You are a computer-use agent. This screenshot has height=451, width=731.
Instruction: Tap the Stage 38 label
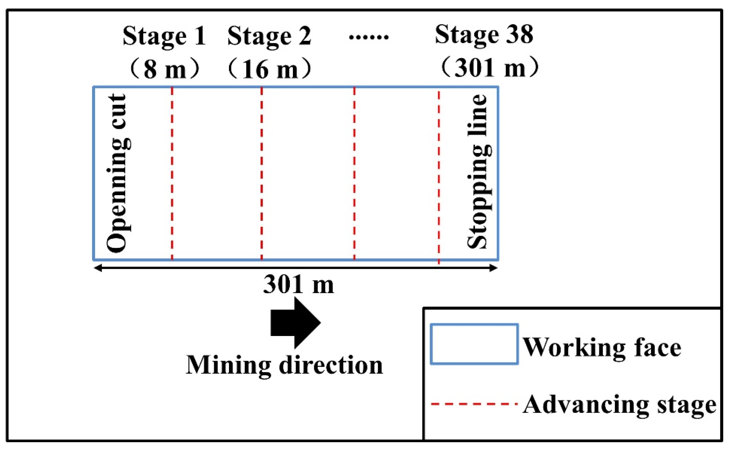484,35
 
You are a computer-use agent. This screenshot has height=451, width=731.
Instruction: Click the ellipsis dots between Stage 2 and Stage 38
369,37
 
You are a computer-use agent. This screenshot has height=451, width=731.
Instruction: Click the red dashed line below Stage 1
172,173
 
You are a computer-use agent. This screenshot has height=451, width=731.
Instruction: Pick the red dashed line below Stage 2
262,173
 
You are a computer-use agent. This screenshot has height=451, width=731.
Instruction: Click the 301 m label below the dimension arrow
298,285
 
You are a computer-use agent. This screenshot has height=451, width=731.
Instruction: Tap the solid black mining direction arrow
295,323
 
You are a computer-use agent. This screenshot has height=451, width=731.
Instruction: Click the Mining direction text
284,366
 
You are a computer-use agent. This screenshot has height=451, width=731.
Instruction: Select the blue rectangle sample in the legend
474,344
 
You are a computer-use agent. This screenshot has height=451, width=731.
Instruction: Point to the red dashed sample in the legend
474,404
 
